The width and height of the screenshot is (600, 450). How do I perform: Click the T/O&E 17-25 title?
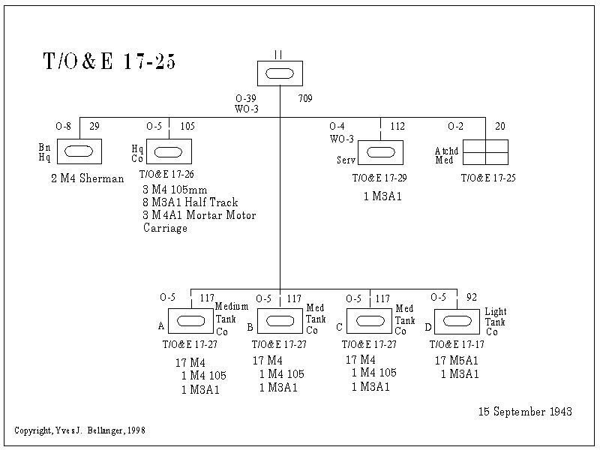coord(109,62)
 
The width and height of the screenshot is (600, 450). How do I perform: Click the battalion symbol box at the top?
coord(280,73)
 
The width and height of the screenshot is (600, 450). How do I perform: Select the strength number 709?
coord(305,99)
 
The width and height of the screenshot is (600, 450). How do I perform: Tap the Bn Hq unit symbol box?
coord(79,151)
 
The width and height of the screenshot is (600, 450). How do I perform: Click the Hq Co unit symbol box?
coord(169,151)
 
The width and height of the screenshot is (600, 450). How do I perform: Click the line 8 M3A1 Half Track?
coord(190,202)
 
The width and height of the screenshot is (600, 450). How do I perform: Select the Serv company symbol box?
coord(380,152)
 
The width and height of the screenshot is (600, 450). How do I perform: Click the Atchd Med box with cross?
coord(485,152)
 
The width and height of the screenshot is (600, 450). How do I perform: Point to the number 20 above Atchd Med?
coord(500,126)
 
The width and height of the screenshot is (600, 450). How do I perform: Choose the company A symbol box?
coord(190,321)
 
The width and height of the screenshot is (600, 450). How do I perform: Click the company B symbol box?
coord(280,321)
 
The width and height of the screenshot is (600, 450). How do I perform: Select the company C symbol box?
coord(369,321)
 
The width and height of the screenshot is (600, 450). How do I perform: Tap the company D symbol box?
coord(457,321)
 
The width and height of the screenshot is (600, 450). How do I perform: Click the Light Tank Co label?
coord(496,322)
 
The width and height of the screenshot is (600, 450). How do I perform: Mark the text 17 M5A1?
coord(457,361)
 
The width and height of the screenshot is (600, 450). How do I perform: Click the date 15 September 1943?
coord(525,412)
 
